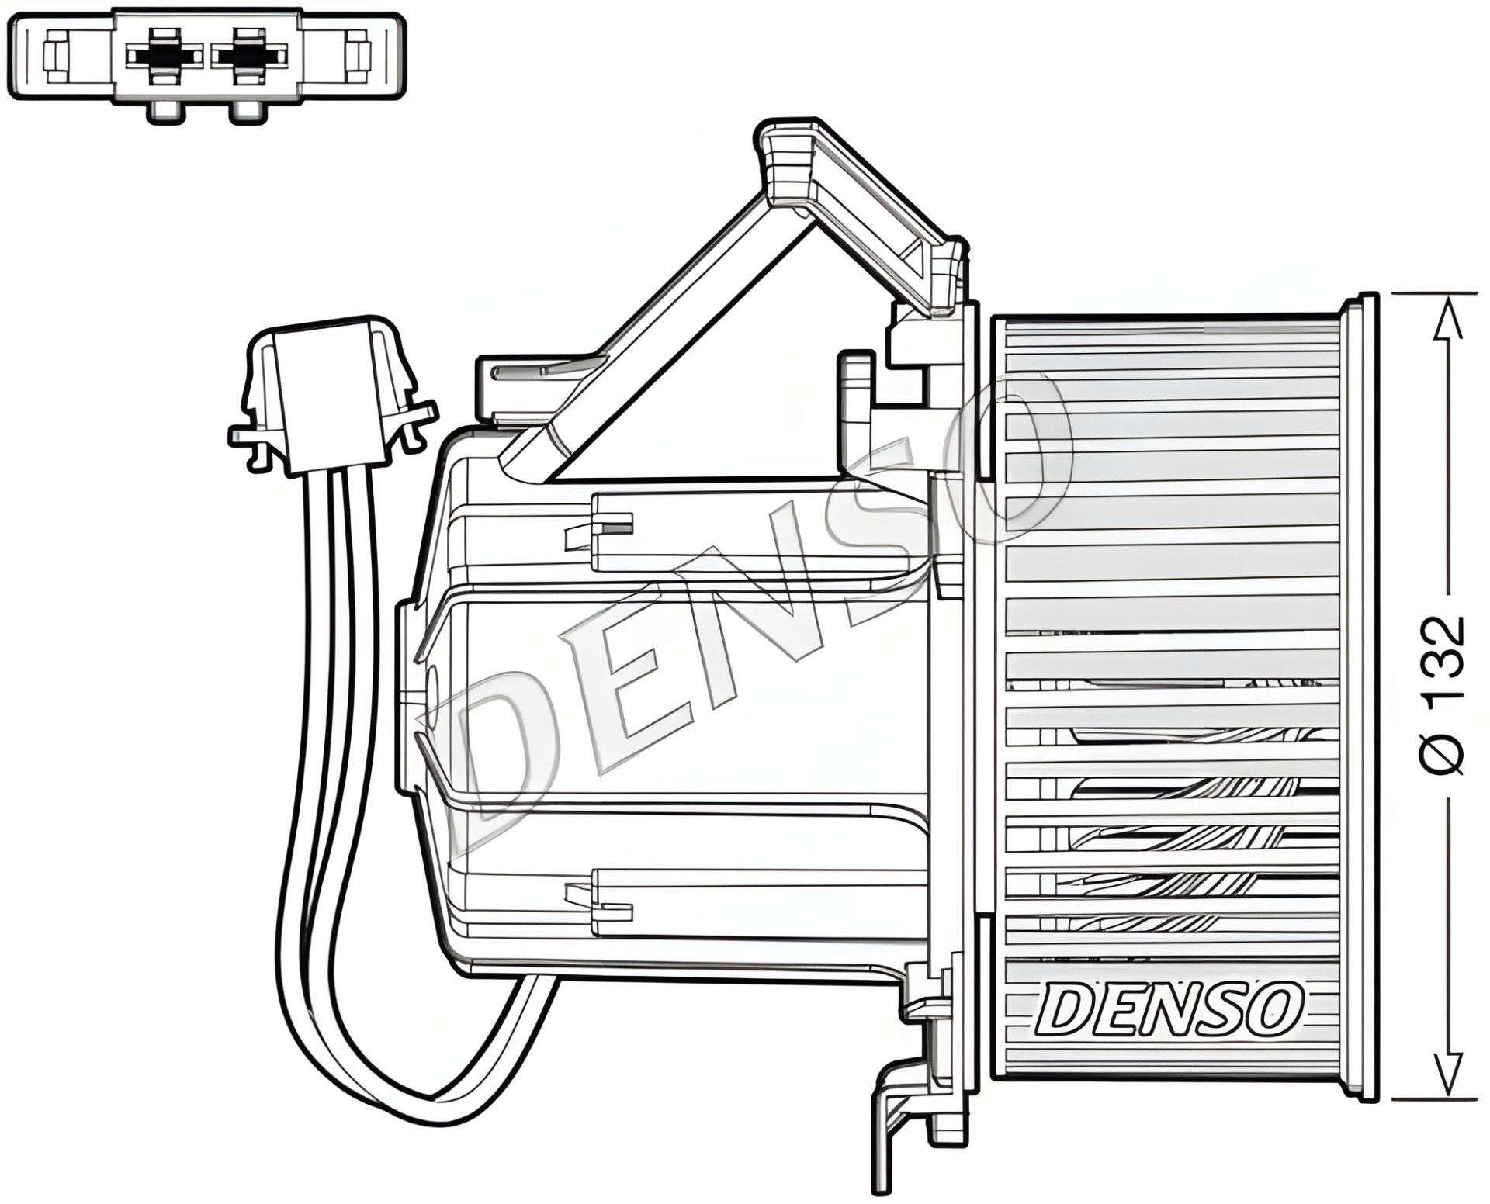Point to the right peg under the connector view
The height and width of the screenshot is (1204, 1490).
(248, 113)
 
